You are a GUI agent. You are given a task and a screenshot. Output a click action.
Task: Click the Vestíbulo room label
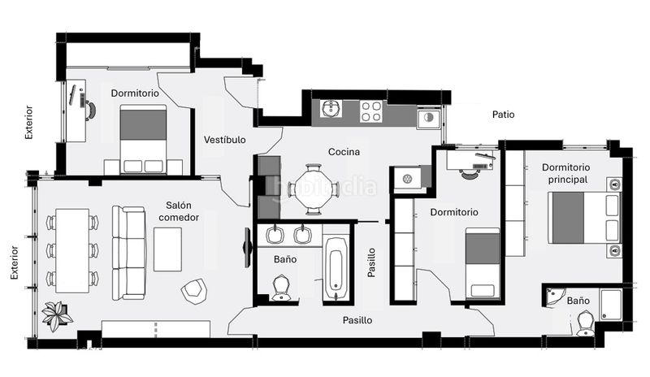(x=225, y=140)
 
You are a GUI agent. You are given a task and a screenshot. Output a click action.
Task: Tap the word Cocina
(x=344, y=152)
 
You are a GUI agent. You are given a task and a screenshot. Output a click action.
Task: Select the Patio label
(x=503, y=115)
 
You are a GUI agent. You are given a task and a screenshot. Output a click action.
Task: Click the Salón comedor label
(x=179, y=211)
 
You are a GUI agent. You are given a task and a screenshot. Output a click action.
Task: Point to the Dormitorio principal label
(x=565, y=173)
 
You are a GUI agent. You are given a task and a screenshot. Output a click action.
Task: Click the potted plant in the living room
(x=57, y=315)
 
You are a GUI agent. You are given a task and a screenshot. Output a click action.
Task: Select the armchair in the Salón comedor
(x=194, y=291)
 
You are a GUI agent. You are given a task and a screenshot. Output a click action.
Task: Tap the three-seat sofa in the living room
(x=128, y=253)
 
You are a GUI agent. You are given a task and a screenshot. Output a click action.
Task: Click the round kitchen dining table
(x=314, y=189)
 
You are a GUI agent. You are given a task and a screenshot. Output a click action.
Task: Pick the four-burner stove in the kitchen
(x=371, y=111)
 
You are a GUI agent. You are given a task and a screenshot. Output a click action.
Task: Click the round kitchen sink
(x=331, y=109)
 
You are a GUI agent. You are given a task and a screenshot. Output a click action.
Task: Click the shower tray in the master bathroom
(x=611, y=305)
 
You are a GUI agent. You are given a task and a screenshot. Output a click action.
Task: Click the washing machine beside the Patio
(x=429, y=118)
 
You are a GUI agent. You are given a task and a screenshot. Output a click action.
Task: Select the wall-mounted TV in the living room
(x=247, y=248)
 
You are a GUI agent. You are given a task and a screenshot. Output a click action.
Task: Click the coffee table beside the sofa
(x=167, y=249)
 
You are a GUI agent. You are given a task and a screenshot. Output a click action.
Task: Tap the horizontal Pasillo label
(x=357, y=320)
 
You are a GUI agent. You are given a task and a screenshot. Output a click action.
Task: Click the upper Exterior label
(x=28, y=122)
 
